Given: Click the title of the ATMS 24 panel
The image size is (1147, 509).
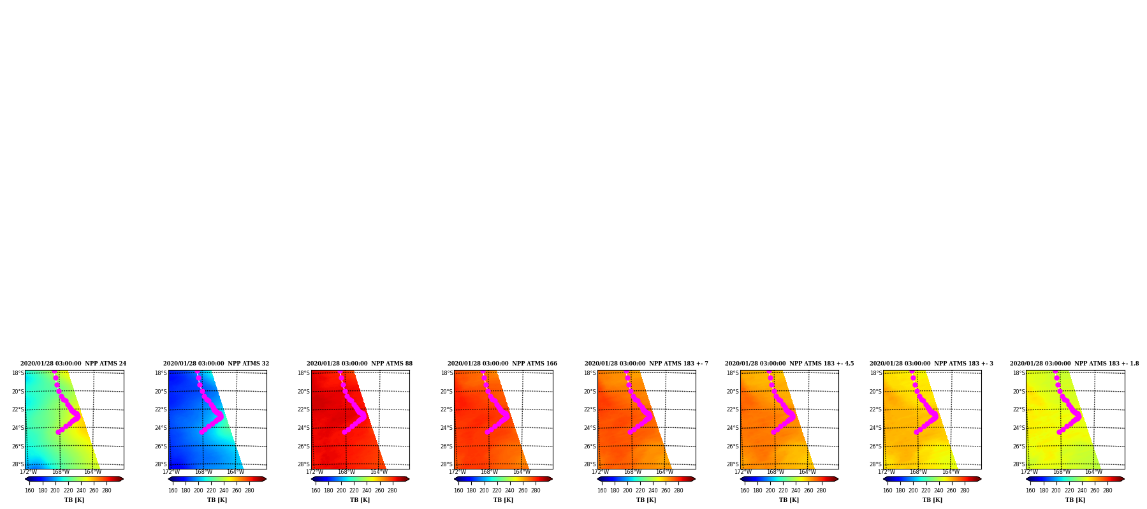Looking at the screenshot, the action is point(73,364).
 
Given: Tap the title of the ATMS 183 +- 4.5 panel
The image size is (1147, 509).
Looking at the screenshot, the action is point(789,364).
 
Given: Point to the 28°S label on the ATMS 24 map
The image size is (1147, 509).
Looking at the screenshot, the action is point(18,464).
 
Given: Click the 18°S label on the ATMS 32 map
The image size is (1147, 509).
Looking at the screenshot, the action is point(161,373).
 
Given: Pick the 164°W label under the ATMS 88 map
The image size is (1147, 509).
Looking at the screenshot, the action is point(379,472).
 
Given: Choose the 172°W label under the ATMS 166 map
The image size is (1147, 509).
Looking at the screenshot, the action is point(457,472).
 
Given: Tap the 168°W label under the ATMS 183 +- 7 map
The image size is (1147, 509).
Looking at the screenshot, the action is point(632,472).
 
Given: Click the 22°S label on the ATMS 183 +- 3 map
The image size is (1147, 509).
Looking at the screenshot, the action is point(876,409).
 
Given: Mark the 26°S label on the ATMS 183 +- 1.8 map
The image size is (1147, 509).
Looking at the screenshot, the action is point(1019,446).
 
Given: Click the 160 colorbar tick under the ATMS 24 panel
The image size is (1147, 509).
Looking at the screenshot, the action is point(29,491).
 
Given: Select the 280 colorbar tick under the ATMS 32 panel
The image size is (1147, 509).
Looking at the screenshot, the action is point(249,491).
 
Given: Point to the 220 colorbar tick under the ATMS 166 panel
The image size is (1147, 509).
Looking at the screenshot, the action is point(497,491).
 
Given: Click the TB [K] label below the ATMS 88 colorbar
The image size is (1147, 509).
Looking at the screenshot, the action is point(360,500).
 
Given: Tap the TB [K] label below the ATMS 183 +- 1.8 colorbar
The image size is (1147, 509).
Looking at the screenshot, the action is point(1075,500).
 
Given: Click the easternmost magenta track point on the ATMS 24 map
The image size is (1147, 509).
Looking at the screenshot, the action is point(78,415).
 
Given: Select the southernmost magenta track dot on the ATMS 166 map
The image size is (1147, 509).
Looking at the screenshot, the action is point(487,432).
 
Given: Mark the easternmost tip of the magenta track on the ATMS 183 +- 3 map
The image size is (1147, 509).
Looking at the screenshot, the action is point(936,415).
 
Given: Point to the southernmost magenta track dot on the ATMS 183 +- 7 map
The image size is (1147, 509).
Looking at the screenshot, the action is point(630,432).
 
